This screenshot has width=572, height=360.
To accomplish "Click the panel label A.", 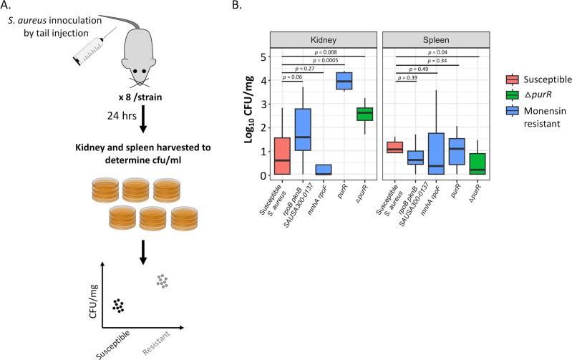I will tap(6, 6).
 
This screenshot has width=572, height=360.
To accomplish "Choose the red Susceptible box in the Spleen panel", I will tap(394, 147).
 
